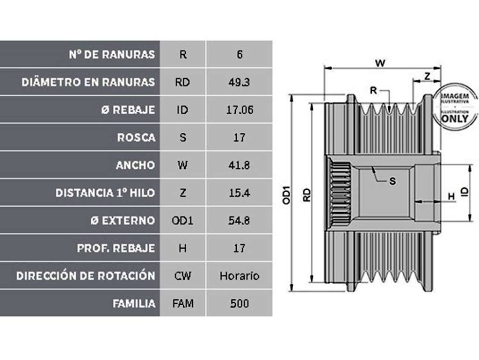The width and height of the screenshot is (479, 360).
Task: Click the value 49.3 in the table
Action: pyautogui.click(x=239, y=82)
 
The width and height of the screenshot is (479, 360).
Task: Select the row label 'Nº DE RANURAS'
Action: pyautogui.click(x=112, y=54)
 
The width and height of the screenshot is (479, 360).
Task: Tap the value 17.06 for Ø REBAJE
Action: pyautogui.click(x=239, y=110)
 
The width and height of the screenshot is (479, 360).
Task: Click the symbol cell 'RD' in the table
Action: pyautogui.click(x=182, y=82)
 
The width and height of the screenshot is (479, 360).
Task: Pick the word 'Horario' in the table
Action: pyautogui.click(x=239, y=276)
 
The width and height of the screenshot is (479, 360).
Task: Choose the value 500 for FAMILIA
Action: pyautogui.click(x=239, y=303)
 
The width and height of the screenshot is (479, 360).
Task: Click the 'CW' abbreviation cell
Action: pyautogui.click(x=183, y=276)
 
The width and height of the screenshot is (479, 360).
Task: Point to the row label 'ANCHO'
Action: pyautogui.click(x=135, y=165)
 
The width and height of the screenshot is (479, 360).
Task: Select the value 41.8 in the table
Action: pyautogui.click(x=239, y=165)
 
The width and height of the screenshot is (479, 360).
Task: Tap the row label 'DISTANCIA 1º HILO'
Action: pyautogui.click(x=105, y=193)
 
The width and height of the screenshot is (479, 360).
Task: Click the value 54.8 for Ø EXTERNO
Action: pyautogui.click(x=239, y=221)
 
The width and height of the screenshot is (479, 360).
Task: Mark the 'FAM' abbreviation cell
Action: pyautogui.click(x=183, y=303)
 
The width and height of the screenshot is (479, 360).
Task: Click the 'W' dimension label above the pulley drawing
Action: pyautogui.click(x=380, y=63)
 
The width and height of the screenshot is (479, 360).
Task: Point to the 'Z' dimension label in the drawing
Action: pyautogui.click(x=428, y=76)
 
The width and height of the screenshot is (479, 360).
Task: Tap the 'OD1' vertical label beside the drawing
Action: pyautogui.click(x=287, y=195)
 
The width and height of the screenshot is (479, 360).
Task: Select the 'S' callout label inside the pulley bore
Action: pyautogui.click(x=392, y=181)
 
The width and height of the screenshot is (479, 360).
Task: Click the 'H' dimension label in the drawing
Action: pyautogui.click(x=451, y=197)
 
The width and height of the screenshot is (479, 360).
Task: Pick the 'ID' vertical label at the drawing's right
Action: pyautogui.click(x=464, y=192)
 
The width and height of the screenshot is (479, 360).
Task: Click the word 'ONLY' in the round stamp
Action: pyautogui.click(x=455, y=119)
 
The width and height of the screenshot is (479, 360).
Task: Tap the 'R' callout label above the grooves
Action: pyautogui.click(x=373, y=90)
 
